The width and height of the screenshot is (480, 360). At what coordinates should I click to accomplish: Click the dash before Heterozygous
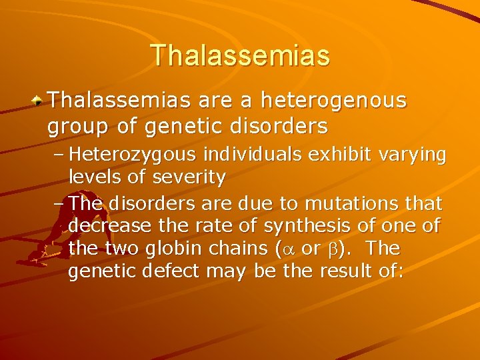point(58,155)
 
